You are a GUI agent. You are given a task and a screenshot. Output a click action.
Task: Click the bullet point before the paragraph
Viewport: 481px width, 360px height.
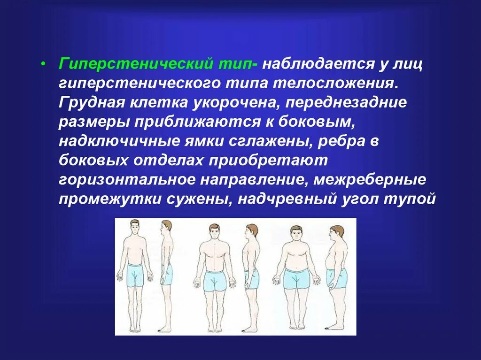[43, 64]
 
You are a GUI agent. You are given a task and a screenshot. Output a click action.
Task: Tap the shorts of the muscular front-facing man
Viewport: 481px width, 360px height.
[214, 280]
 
